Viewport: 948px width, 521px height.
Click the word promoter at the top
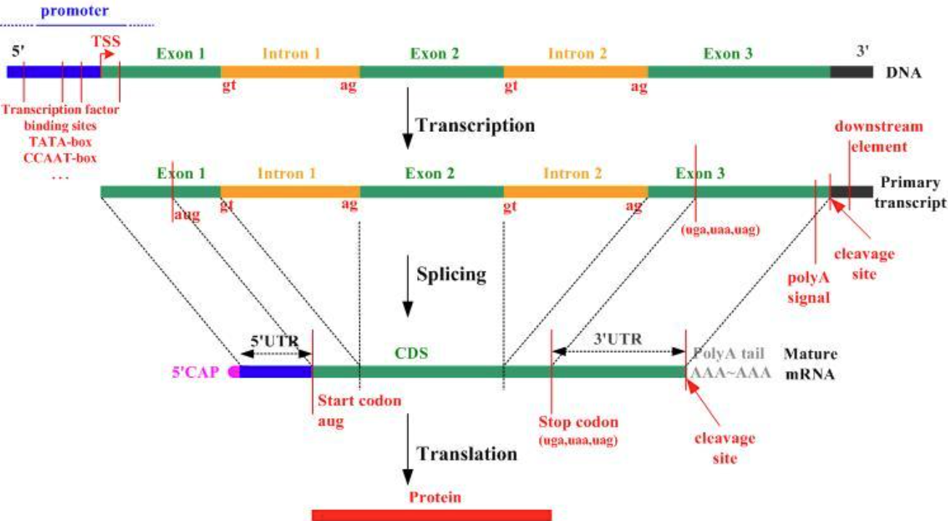tap(75, 12)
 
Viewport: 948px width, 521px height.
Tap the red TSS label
tap(105, 42)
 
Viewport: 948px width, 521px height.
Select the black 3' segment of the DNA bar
tap(851, 72)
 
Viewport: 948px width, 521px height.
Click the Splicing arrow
tap(408, 285)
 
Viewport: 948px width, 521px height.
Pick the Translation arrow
tap(408, 449)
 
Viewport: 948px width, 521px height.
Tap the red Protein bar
tap(432, 514)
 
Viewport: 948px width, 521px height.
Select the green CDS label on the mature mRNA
tap(411, 354)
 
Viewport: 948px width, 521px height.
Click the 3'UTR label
tap(618, 337)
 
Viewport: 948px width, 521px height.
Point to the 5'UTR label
tap(274, 339)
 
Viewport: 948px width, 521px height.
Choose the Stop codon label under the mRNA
tap(578, 422)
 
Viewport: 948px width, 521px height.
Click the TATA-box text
tap(62, 142)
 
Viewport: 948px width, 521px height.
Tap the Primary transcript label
tap(910, 193)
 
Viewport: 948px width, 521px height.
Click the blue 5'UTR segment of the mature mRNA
tap(276, 372)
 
